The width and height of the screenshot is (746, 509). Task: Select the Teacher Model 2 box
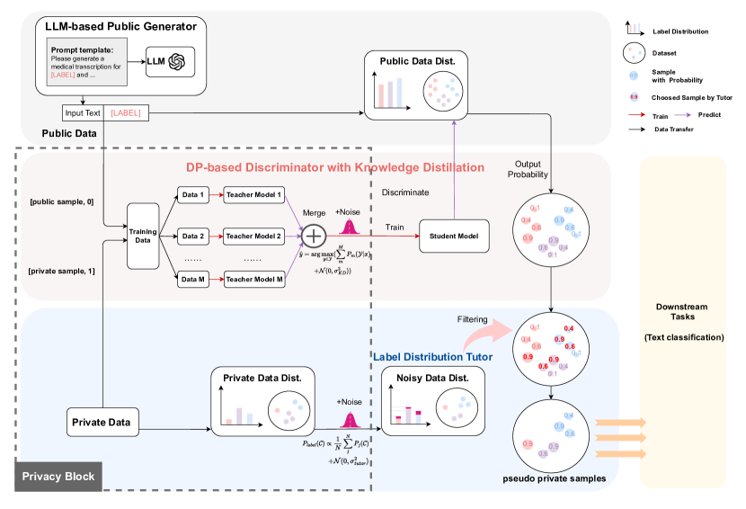tap(254, 237)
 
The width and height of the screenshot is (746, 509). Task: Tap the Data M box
tap(192, 280)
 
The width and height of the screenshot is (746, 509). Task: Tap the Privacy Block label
tap(58, 476)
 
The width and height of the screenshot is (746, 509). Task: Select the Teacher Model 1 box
tap(254, 195)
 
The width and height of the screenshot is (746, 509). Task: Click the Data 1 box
tap(192, 195)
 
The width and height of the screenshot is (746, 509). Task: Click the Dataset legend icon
tap(635, 53)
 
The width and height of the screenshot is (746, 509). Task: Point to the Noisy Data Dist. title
tap(424, 380)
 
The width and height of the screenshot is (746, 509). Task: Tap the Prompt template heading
tap(80, 49)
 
